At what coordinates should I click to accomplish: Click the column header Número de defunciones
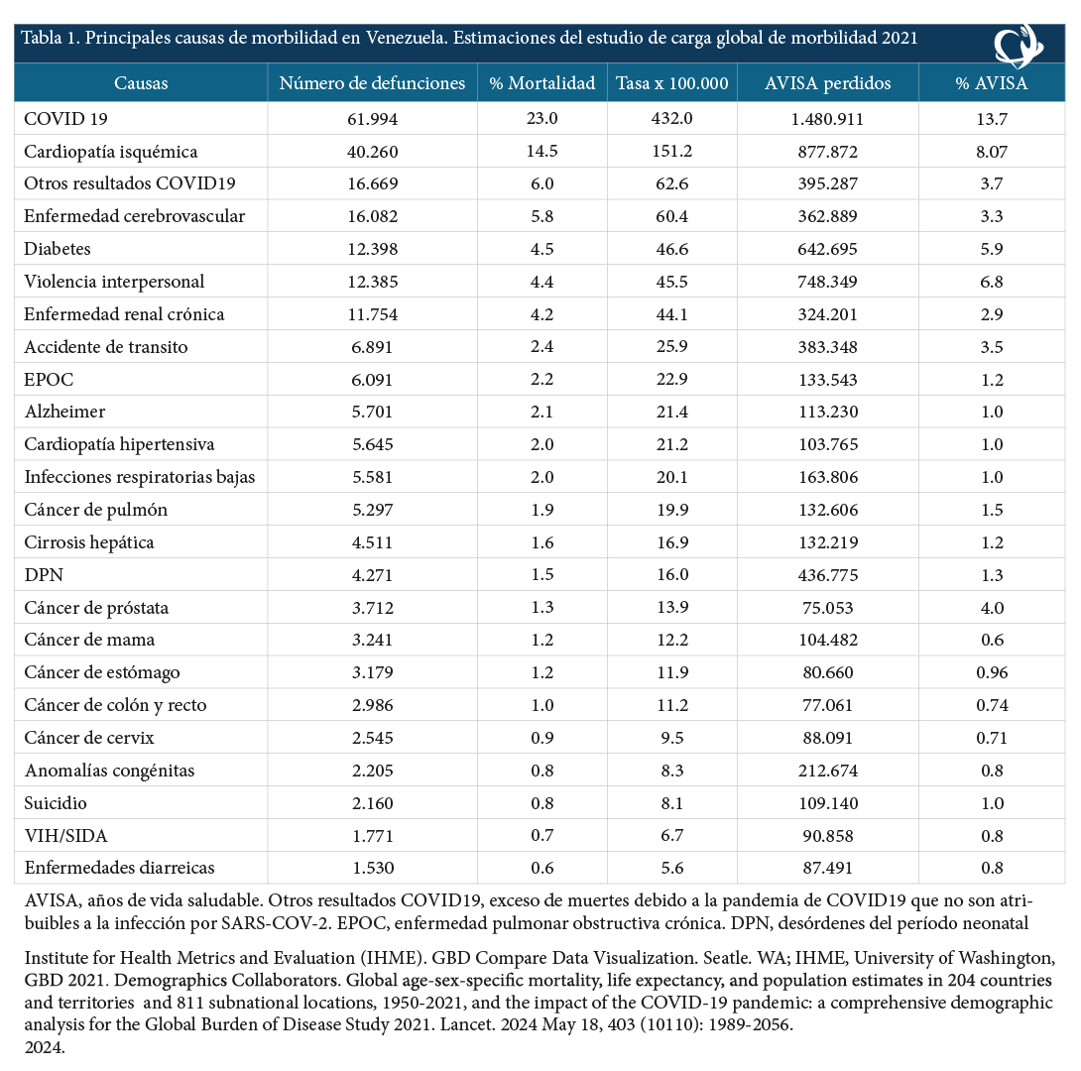point(372,83)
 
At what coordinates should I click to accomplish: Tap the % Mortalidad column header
point(541,83)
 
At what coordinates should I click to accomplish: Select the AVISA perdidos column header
point(827,83)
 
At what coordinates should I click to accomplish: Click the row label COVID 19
point(65,119)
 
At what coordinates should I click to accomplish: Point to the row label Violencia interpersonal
point(114,282)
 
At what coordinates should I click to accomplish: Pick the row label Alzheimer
point(64,413)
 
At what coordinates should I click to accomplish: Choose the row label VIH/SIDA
point(65,836)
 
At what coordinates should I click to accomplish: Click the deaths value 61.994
point(372,119)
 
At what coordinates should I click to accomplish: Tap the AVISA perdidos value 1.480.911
point(827,119)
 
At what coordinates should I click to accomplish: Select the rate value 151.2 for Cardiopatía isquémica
point(672,152)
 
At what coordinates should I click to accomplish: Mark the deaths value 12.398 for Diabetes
point(372,250)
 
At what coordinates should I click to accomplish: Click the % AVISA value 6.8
point(992,282)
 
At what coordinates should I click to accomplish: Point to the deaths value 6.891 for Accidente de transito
point(372,347)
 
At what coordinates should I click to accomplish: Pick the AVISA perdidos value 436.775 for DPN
point(827,575)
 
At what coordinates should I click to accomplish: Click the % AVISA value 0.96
point(992,672)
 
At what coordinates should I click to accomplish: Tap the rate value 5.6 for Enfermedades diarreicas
point(672,869)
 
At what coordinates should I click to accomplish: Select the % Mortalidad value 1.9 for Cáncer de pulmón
point(541,510)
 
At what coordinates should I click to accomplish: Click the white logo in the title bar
point(1019,46)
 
